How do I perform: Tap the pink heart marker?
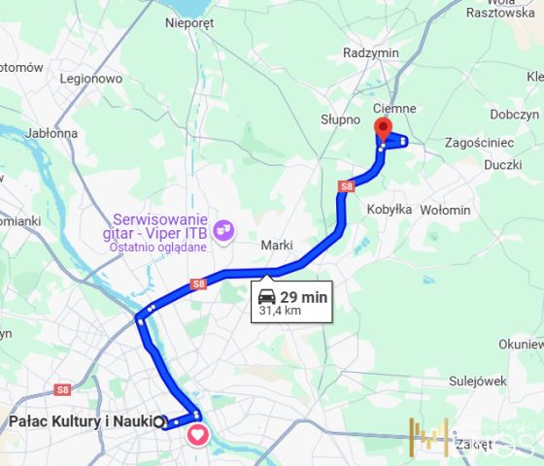197,434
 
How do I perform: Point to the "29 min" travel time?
304,296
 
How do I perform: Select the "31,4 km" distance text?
280,312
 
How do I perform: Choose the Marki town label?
277,246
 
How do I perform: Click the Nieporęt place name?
188,22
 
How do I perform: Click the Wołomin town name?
445,210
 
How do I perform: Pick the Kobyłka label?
390,209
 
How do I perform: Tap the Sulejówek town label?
478,382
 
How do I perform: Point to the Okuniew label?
521,344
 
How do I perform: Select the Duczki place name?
502,165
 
